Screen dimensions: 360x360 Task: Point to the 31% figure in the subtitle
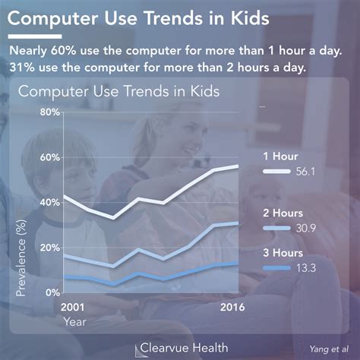pos(24,67)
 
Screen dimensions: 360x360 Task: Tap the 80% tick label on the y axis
pos(49,112)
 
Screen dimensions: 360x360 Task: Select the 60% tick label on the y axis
pos(49,157)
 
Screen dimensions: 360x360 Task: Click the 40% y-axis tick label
pos(49,203)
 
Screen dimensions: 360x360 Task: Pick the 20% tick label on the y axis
pos(49,248)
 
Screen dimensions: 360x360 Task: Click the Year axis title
pos(74,321)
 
